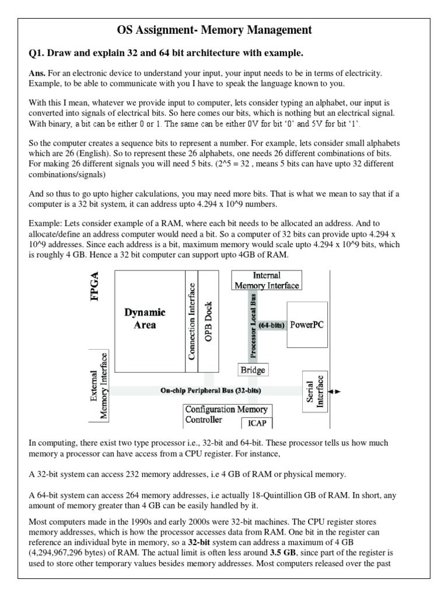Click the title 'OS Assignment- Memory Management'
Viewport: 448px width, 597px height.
coord(223,30)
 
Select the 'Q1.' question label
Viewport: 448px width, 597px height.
coord(38,54)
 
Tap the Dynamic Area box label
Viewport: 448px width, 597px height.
coord(145,319)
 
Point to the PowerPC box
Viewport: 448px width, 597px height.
coord(306,325)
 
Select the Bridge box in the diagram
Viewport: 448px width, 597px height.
coord(253,370)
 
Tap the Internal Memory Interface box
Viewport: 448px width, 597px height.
coord(267,280)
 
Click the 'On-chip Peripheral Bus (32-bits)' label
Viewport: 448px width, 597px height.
coord(211,390)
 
